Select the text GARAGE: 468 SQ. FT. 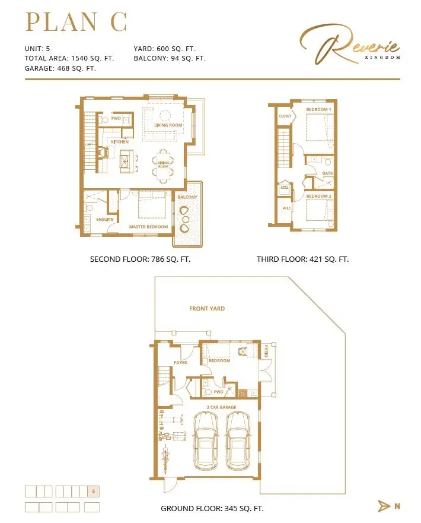pyautogui.click(x=60, y=68)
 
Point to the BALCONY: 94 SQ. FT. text pyautogui.click(x=169, y=58)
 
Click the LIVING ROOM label pyautogui.click(x=168, y=125)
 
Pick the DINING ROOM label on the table pyautogui.click(x=163, y=163)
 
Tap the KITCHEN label pyautogui.click(x=119, y=142)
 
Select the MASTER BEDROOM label pyautogui.click(x=149, y=227)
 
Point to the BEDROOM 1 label pyautogui.click(x=318, y=110)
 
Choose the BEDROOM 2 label pyautogui.click(x=318, y=196)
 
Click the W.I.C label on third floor pyautogui.click(x=286, y=208)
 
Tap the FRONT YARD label pyautogui.click(x=207, y=309)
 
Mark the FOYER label pyautogui.click(x=180, y=362)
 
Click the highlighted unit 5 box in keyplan pyautogui.click(x=93, y=491)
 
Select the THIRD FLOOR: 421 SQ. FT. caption pyautogui.click(x=302, y=259)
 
